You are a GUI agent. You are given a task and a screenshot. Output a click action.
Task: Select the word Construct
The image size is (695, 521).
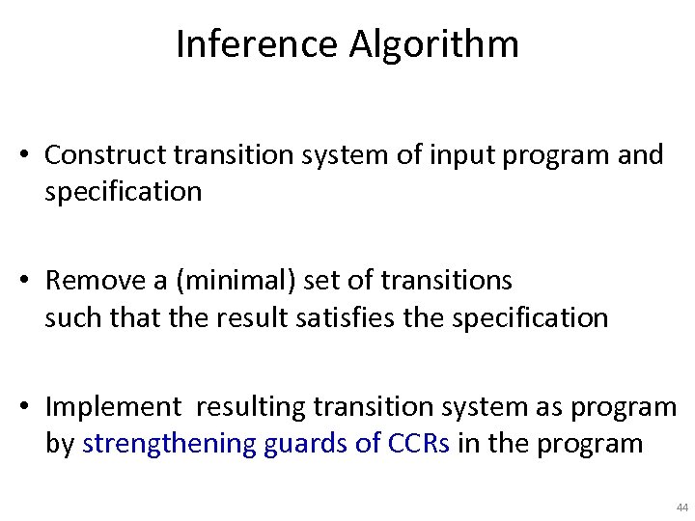(106, 154)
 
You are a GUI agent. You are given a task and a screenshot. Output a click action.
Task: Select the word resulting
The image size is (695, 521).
(251, 408)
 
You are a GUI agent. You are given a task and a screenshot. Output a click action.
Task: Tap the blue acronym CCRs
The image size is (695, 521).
(418, 444)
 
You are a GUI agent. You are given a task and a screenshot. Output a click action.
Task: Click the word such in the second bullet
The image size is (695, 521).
(67, 317)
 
